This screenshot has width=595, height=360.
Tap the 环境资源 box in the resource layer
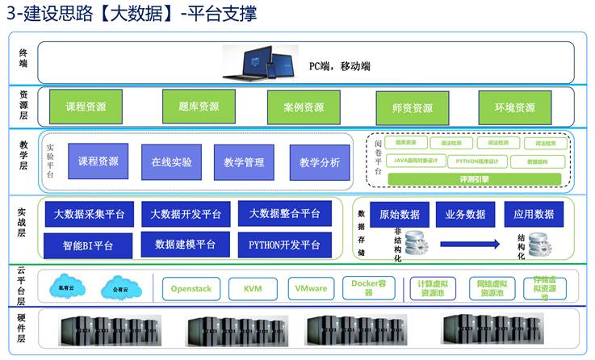tap(513, 107)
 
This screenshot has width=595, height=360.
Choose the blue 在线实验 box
tap(171, 161)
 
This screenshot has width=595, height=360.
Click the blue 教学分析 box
tap(320, 162)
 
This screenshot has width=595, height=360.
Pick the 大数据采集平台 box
tap(90, 214)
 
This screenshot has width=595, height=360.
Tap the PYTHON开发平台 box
tap(284, 244)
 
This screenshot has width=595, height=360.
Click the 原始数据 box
tap(399, 214)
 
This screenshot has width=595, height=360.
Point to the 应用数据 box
tap(534, 214)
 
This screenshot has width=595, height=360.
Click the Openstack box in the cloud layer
tap(191, 288)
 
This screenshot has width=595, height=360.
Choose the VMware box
tap(311, 288)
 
